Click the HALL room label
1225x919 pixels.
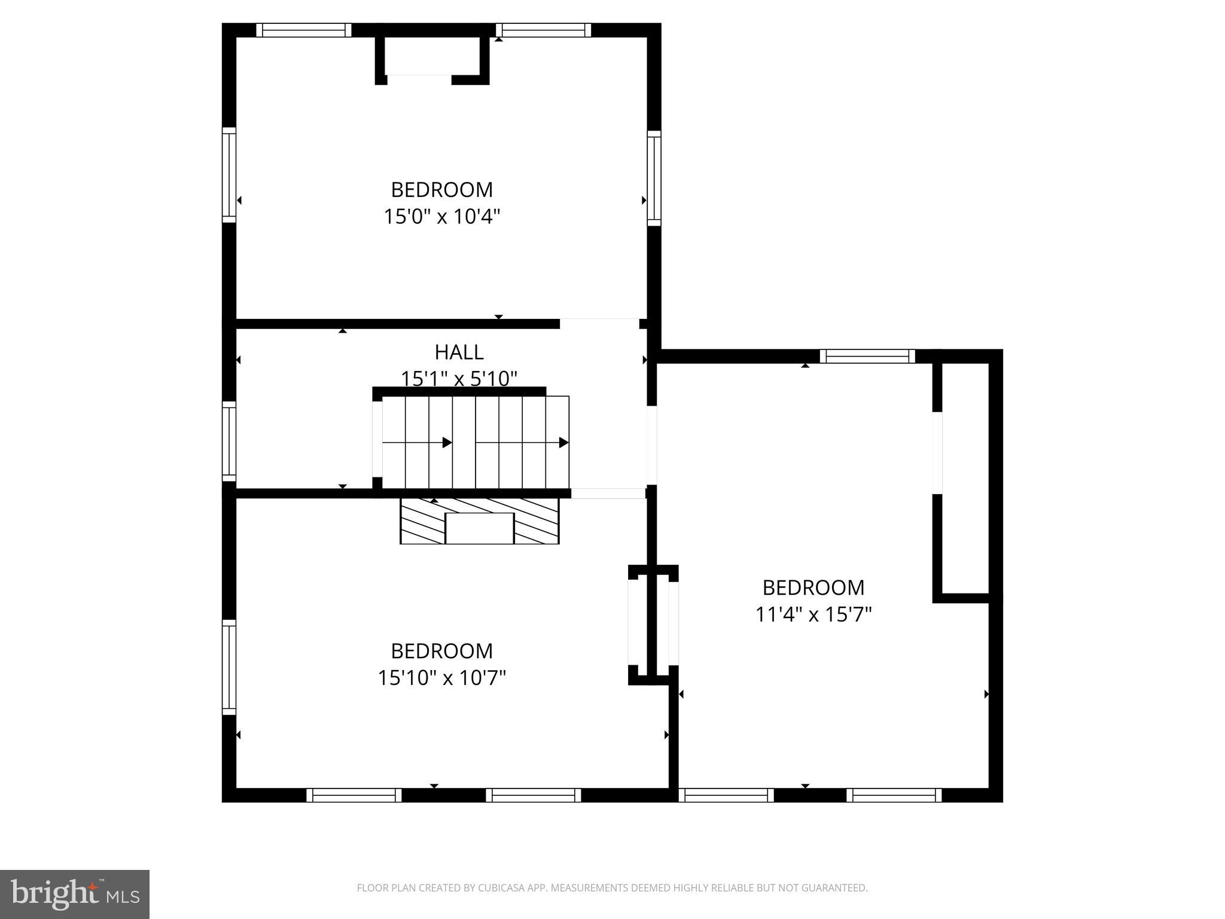pyautogui.click(x=459, y=352)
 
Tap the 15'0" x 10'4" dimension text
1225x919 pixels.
pyautogui.click(x=441, y=216)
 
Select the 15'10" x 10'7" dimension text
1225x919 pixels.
pyautogui.click(x=441, y=677)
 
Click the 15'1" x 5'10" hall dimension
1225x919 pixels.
pyautogui.click(x=459, y=378)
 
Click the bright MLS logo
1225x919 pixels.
pyautogui.click(x=74, y=894)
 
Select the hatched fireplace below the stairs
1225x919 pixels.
pyautogui.click(x=479, y=521)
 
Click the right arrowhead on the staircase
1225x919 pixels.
pyautogui.click(x=563, y=443)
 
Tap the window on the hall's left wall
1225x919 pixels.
pyautogui.click(x=229, y=442)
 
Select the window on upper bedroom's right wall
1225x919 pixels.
pyautogui.click(x=654, y=178)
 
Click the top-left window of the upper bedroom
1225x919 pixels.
pyautogui.click(x=304, y=31)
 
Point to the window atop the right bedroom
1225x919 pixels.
pyautogui.click(x=867, y=357)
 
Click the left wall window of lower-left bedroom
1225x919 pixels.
pyautogui.click(x=229, y=667)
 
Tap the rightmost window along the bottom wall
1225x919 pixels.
pyautogui.click(x=894, y=795)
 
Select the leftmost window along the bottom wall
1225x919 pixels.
pyautogui.click(x=354, y=795)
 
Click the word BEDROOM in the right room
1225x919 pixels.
pyautogui.click(x=813, y=588)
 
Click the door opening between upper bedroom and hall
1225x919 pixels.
pyautogui.click(x=599, y=324)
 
